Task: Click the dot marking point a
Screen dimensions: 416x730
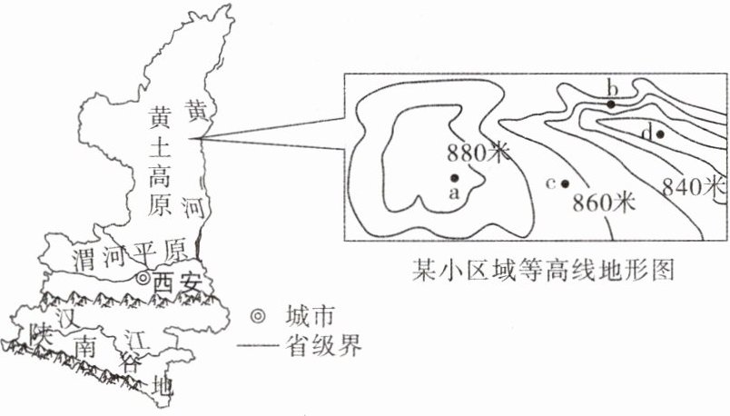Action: [x=453, y=177]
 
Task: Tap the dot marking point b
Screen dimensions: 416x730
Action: [x=612, y=104]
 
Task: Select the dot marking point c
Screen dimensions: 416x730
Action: [x=565, y=183]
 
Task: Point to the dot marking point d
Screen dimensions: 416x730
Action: [x=660, y=134]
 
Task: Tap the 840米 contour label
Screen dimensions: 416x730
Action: [x=694, y=187]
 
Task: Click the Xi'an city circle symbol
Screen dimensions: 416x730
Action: [x=143, y=280]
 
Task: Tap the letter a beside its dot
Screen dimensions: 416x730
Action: [x=454, y=193]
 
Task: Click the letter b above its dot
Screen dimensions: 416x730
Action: [x=612, y=87]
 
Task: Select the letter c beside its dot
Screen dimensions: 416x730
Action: [x=550, y=183]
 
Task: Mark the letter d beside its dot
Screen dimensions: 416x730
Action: [x=646, y=134]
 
